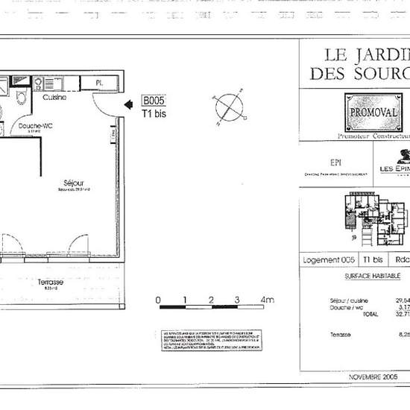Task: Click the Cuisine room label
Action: click(54, 98)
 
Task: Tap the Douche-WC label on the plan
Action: click(34, 127)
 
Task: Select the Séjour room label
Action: click(73, 183)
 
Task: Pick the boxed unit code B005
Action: click(153, 101)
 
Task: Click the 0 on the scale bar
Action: click(158, 300)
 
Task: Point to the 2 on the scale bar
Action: click(211, 300)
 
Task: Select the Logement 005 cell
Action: click(329, 260)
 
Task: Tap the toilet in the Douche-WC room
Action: click(22, 98)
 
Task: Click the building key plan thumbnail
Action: click(376, 219)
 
